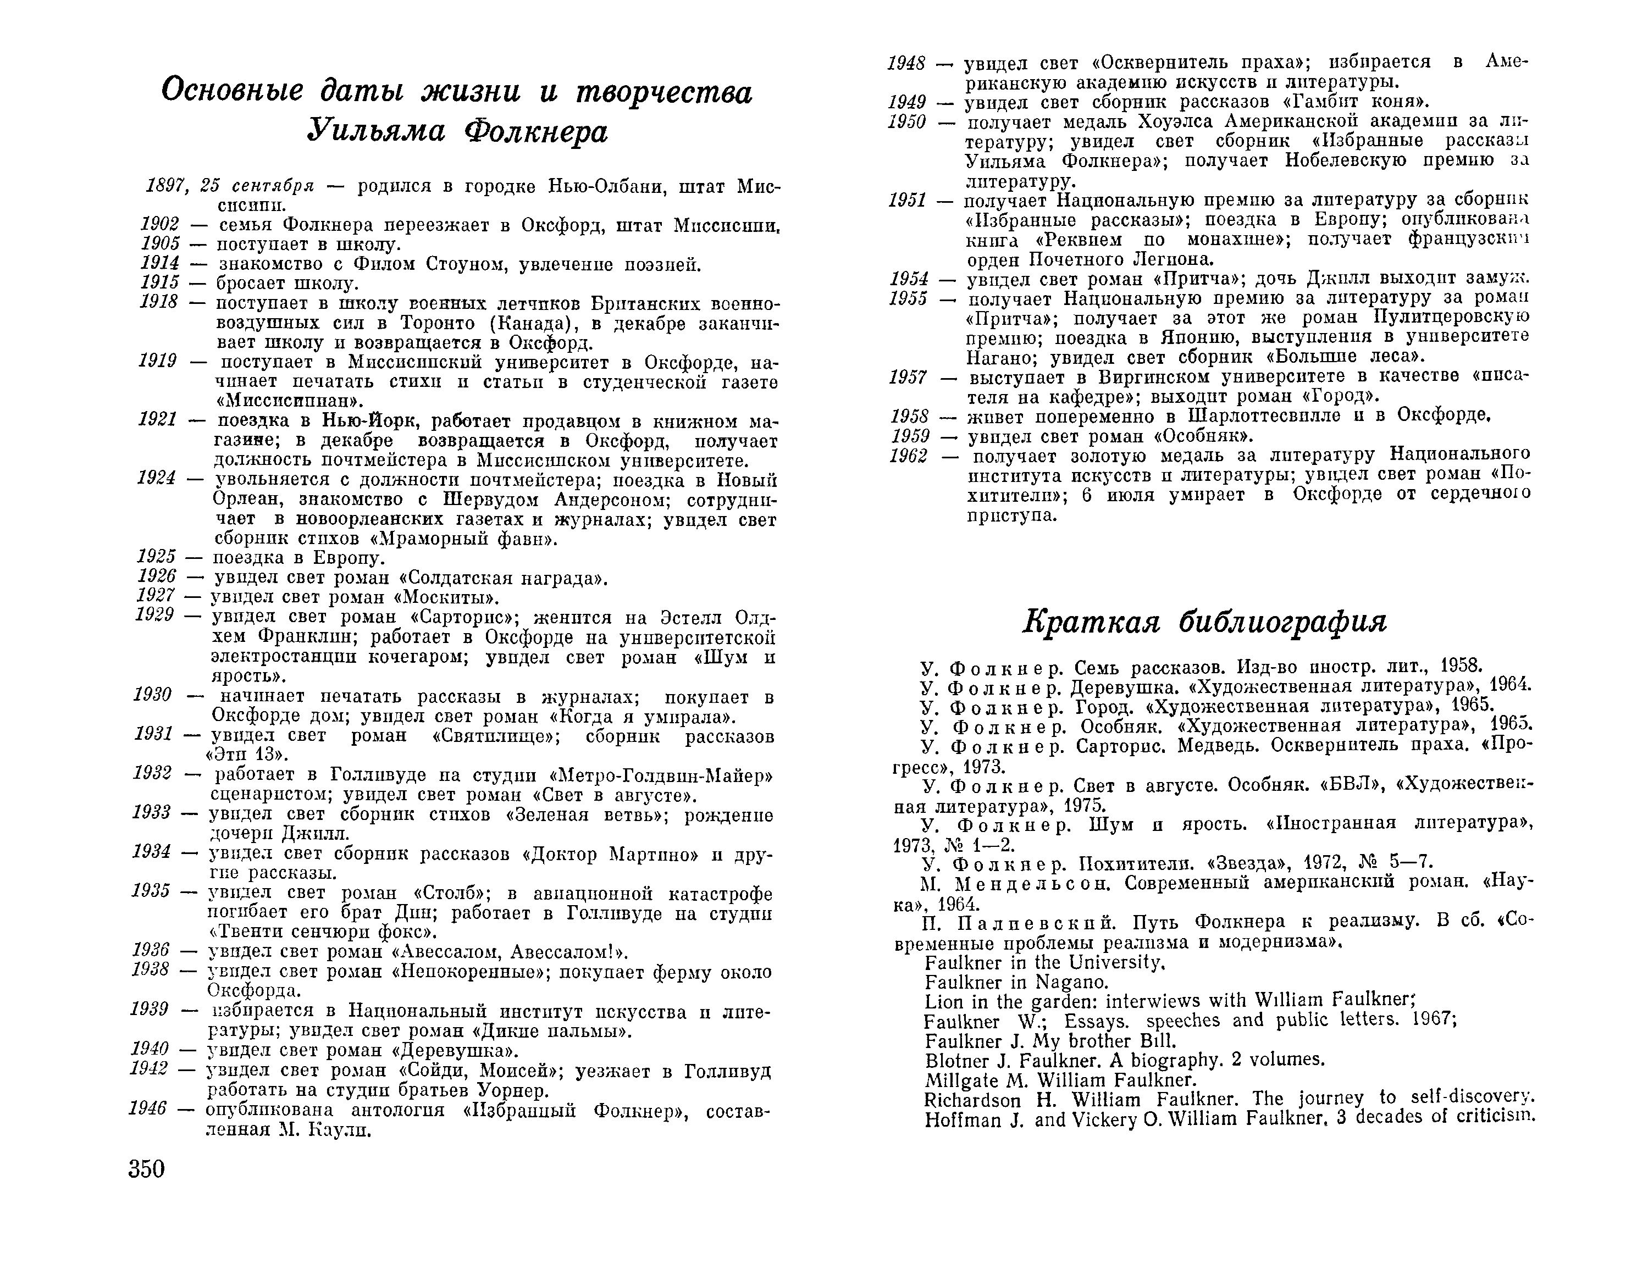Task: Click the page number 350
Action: (146, 1168)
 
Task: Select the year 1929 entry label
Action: (154, 616)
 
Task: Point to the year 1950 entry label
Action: (906, 122)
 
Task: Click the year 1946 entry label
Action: (147, 1109)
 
